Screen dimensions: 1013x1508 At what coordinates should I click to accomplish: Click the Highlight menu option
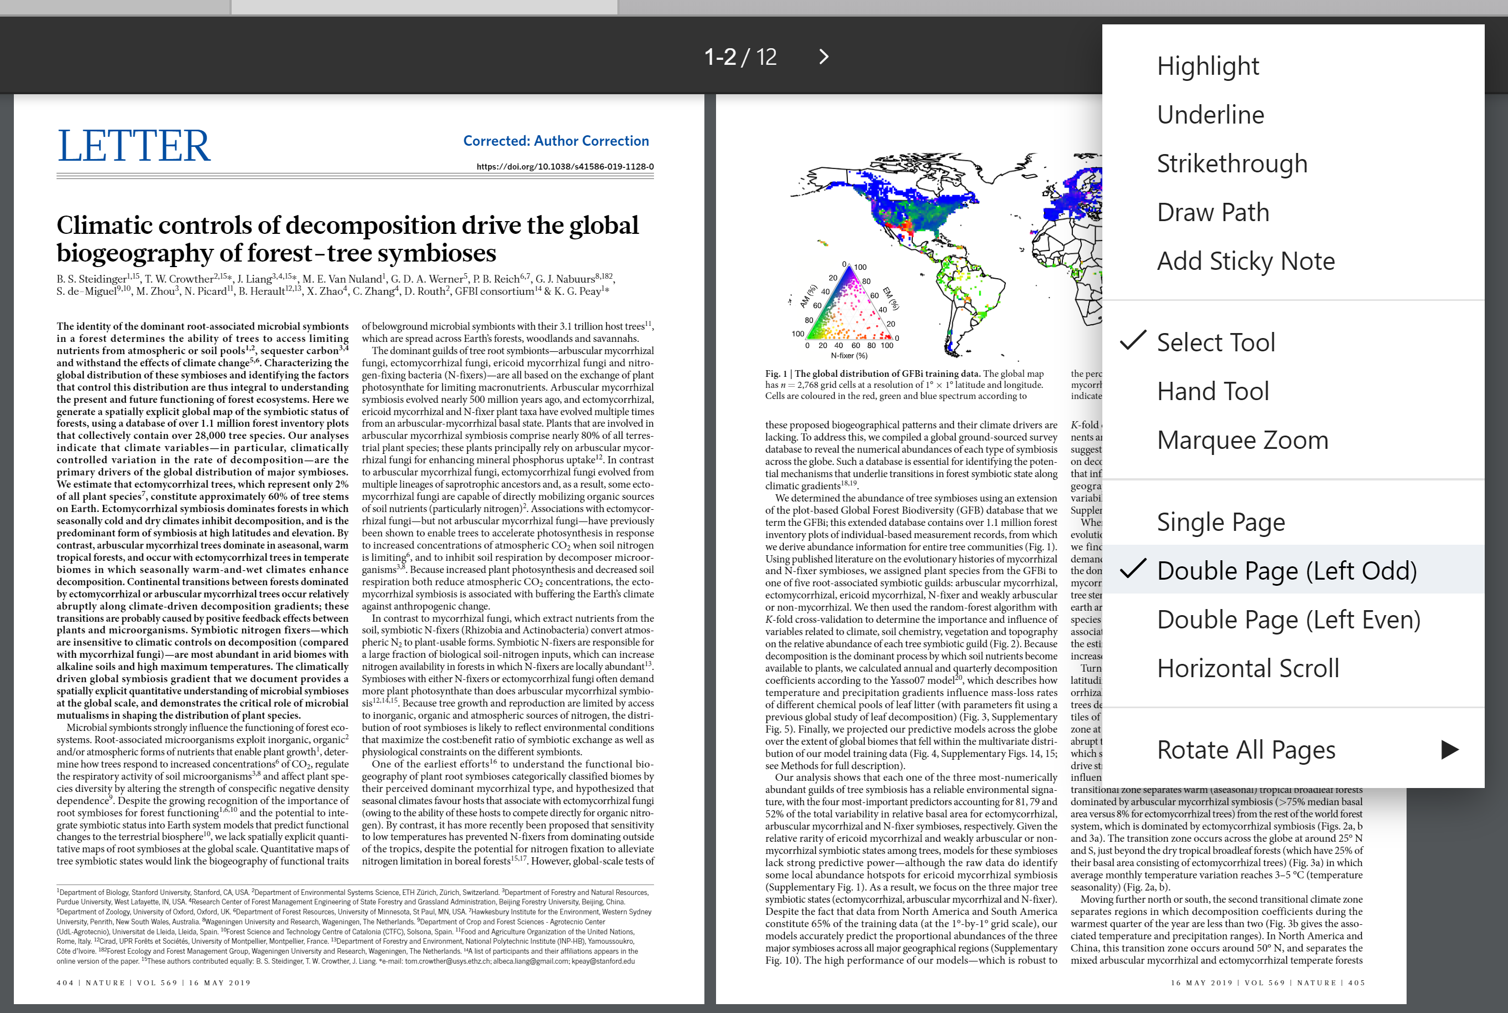(x=1208, y=66)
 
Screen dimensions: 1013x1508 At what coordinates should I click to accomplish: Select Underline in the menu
(x=1210, y=115)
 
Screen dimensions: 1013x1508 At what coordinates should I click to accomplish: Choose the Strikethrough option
(x=1231, y=163)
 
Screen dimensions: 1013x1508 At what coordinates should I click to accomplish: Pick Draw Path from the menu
(x=1213, y=213)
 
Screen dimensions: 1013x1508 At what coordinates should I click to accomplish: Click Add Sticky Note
(x=1245, y=261)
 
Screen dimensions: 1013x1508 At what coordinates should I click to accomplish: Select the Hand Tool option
(x=1213, y=391)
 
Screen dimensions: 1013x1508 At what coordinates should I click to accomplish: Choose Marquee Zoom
(x=1242, y=440)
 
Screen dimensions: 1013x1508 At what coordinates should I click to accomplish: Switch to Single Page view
(x=1220, y=522)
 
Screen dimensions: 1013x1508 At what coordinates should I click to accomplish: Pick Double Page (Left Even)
(x=1289, y=620)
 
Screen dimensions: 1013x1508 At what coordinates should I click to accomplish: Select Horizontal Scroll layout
(x=1248, y=668)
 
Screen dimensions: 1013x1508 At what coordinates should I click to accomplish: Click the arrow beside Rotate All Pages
(x=1449, y=749)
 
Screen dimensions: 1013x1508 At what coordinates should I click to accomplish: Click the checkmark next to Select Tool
(x=1133, y=340)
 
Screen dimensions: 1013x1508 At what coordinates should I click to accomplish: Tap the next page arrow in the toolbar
(x=823, y=57)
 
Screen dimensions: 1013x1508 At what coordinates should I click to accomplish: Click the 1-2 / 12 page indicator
(x=740, y=57)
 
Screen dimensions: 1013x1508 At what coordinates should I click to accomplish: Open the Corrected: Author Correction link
(x=556, y=141)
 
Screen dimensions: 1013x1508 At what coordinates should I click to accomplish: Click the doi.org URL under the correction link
(x=565, y=167)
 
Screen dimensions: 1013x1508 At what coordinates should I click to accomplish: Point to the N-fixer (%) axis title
(x=849, y=355)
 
